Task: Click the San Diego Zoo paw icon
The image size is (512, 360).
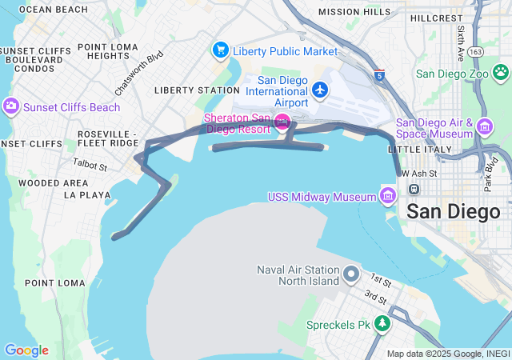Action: pos(501,73)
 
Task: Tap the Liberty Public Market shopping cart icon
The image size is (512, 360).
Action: pos(221,50)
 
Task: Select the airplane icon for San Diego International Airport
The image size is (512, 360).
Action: pos(321,89)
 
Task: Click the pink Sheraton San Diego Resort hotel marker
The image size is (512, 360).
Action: pos(282,122)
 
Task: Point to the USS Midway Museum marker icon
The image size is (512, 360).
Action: pos(388,196)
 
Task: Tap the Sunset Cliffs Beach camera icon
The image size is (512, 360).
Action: pos(11,106)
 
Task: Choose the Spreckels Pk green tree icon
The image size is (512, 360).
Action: pos(383,324)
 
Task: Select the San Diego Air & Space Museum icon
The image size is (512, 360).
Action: pos(484,126)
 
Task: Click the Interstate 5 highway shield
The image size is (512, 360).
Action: pos(378,75)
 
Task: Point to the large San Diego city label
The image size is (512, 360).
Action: pos(454,212)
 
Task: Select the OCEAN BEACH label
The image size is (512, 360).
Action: pos(53,10)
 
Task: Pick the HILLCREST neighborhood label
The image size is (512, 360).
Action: pos(436,18)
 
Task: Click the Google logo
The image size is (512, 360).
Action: pos(26,350)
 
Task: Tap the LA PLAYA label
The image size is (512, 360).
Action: pos(88,195)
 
